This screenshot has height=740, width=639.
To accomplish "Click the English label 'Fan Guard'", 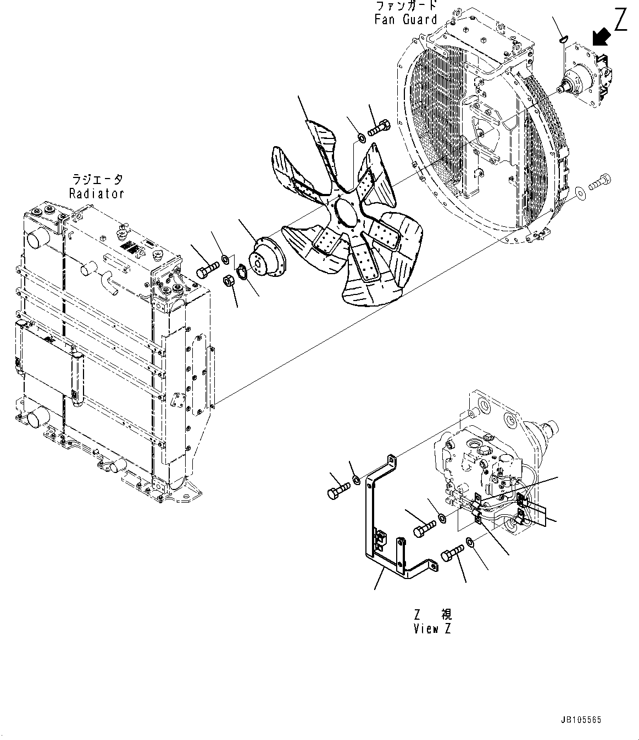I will [405, 19].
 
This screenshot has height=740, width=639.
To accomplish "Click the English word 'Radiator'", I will [97, 193].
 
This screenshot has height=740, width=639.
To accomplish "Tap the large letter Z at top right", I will [620, 20].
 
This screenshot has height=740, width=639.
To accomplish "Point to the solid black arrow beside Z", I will [601, 37].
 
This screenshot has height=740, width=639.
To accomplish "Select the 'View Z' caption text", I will [432, 629].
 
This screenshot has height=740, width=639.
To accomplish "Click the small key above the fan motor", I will [561, 38].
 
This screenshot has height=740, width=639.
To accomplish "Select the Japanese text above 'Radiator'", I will [97, 180].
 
